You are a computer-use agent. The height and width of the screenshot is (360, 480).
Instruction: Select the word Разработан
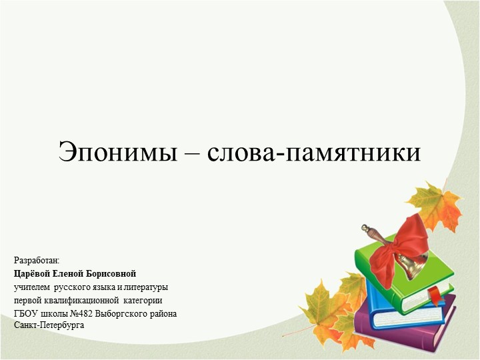point(37,260)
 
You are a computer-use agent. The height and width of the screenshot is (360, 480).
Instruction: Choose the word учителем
point(31,287)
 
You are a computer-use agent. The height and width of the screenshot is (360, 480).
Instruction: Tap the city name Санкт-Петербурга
point(49,325)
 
